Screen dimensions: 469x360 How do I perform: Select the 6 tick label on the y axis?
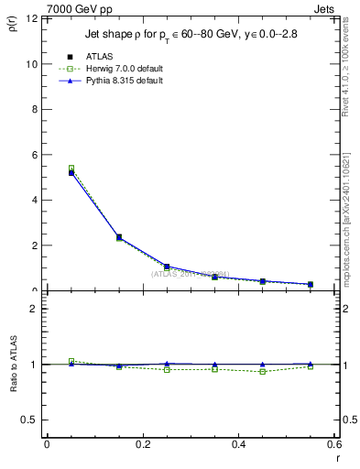point(35,155)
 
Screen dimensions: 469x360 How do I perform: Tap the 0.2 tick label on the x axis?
point(142,444)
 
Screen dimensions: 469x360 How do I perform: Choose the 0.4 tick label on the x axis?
point(238,444)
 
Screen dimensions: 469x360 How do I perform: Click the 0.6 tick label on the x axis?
point(333,444)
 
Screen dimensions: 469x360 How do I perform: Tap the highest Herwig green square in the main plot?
point(71,169)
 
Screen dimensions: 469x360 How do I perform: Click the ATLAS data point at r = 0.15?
point(119,237)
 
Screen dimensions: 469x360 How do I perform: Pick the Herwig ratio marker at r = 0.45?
point(262,372)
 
